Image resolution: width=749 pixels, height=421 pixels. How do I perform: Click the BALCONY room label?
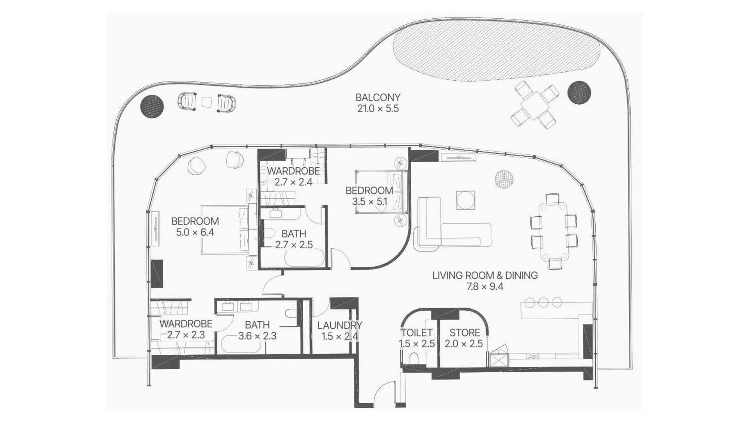click(378, 97)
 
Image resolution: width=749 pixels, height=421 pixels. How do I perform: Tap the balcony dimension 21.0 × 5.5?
click(378, 108)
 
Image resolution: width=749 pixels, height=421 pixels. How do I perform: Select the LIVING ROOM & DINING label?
click(485, 275)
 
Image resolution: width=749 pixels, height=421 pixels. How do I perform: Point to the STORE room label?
click(465, 333)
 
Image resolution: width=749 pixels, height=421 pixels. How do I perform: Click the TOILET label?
click(417, 333)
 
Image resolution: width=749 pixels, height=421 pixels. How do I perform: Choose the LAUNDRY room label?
click(339, 325)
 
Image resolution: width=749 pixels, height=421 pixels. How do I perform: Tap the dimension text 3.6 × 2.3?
click(257, 336)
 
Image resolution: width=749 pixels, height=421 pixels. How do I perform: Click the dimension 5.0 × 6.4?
click(195, 232)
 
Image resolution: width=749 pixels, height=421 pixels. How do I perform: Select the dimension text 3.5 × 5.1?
click(369, 202)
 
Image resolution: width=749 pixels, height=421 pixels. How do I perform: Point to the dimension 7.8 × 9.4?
click(485, 287)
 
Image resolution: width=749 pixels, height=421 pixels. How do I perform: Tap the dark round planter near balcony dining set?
click(579, 92)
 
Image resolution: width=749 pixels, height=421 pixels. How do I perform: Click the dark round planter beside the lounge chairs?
click(152, 106)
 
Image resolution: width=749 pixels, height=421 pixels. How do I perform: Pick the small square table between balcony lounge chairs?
click(207, 102)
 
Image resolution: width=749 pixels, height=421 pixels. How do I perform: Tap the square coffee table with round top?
click(465, 200)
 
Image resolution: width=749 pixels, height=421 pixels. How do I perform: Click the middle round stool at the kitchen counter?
click(543, 302)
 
